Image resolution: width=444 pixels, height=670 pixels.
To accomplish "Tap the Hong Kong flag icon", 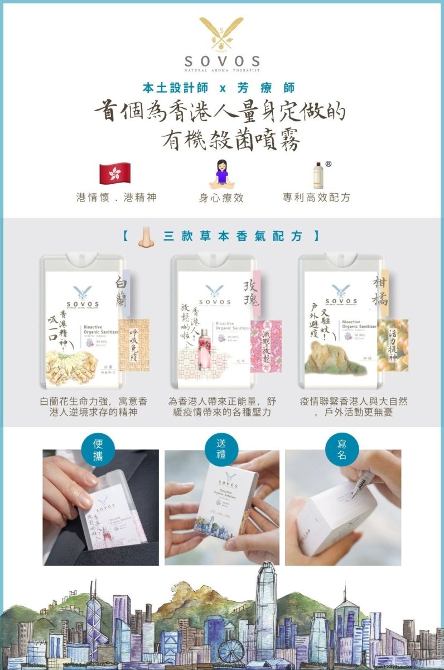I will pos(114,174).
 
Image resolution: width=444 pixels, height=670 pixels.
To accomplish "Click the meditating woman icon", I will pos(221,174).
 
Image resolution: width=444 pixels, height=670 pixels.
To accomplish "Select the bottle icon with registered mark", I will pos(318,175).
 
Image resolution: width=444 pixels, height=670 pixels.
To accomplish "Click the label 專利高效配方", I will pos(316,198).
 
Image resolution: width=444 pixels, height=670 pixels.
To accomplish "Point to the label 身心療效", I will pos(221,198).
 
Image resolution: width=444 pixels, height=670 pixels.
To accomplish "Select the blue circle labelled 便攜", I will pos(99,449).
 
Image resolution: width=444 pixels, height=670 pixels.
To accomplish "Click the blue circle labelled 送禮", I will pos(221,449).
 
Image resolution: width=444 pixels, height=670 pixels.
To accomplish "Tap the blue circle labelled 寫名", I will pos(341,449).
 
